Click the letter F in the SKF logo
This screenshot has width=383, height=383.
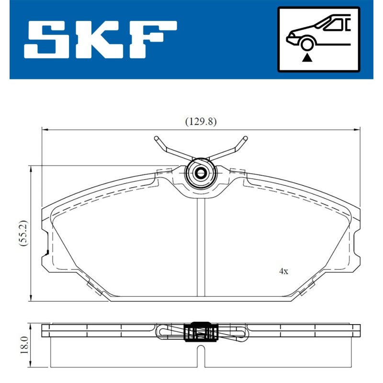[x=153, y=40]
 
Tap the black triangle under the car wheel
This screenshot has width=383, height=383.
[x=307, y=58]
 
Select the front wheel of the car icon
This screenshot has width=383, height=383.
[x=307, y=45]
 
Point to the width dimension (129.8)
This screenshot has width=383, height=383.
[x=201, y=122]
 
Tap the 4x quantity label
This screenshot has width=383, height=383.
[x=283, y=271]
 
